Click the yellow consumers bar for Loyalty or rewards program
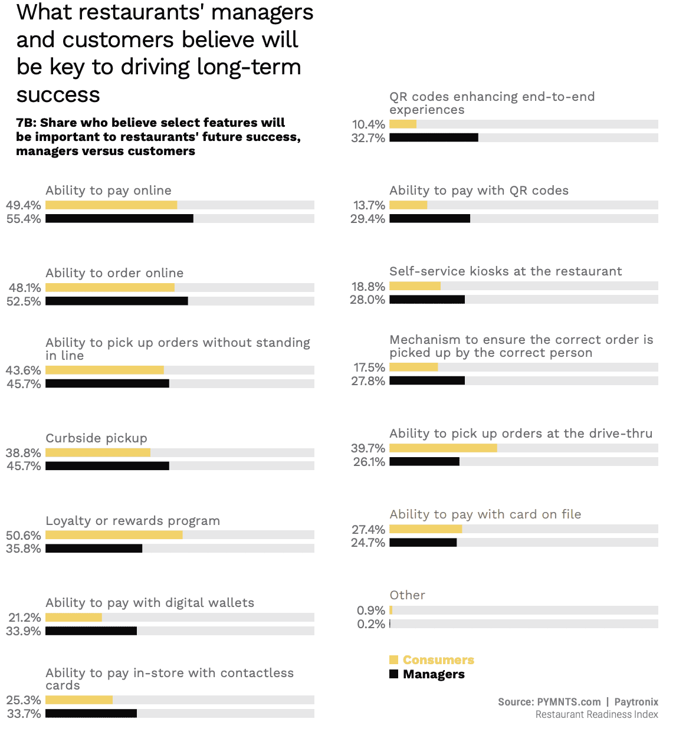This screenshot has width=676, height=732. click(114, 535)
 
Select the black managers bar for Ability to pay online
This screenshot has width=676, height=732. click(119, 219)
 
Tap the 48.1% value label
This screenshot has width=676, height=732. click(25, 288)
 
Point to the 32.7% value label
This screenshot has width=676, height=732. click(368, 138)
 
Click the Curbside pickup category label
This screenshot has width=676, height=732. click(96, 438)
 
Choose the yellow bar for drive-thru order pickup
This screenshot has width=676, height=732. click(443, 448)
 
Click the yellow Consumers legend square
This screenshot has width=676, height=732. click(393, 660)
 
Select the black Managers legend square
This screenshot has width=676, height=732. click(393, 674)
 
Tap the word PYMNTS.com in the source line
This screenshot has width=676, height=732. click(569, 702)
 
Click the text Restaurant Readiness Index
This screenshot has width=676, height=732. click(596, 715)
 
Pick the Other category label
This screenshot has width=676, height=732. click(407, 595)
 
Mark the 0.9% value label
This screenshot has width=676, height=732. click(371, 610)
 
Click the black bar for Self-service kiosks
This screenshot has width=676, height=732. click(427, 300)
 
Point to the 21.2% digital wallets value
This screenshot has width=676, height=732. click(25, 618)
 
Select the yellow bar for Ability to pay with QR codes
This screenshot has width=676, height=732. click(408, 205)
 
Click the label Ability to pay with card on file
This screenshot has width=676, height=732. click(485, 514)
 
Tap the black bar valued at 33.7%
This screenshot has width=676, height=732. click(91, 714)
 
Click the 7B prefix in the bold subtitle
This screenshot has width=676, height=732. click(26, 123)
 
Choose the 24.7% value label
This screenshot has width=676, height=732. click(368, 543)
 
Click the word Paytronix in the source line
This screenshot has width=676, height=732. click(636, 702)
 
